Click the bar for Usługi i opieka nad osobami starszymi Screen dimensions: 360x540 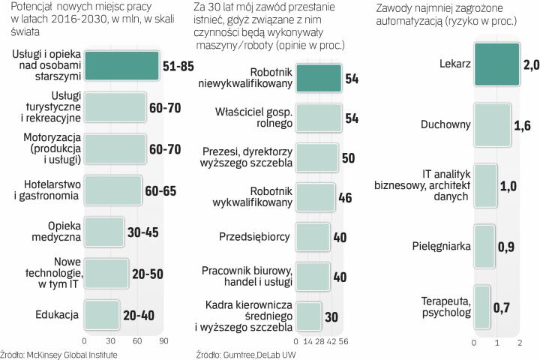(x=121, y=66)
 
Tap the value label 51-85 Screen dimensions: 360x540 (x=178, y=67)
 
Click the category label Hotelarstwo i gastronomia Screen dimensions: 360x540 (x=46, y=190)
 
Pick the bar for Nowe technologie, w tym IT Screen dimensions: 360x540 (x=107, y=274)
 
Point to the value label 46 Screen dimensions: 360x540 (x=346, y=198)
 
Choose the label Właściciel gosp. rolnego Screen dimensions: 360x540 (x=254, y=118)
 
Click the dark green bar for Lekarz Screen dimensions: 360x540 (x=496, y=65)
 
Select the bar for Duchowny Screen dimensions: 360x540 (x=491, y=124)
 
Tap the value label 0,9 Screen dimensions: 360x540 (x=507, y=246)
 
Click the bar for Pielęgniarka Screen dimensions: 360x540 (x=484, y=245)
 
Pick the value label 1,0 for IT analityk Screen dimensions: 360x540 (x=508, y=185)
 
